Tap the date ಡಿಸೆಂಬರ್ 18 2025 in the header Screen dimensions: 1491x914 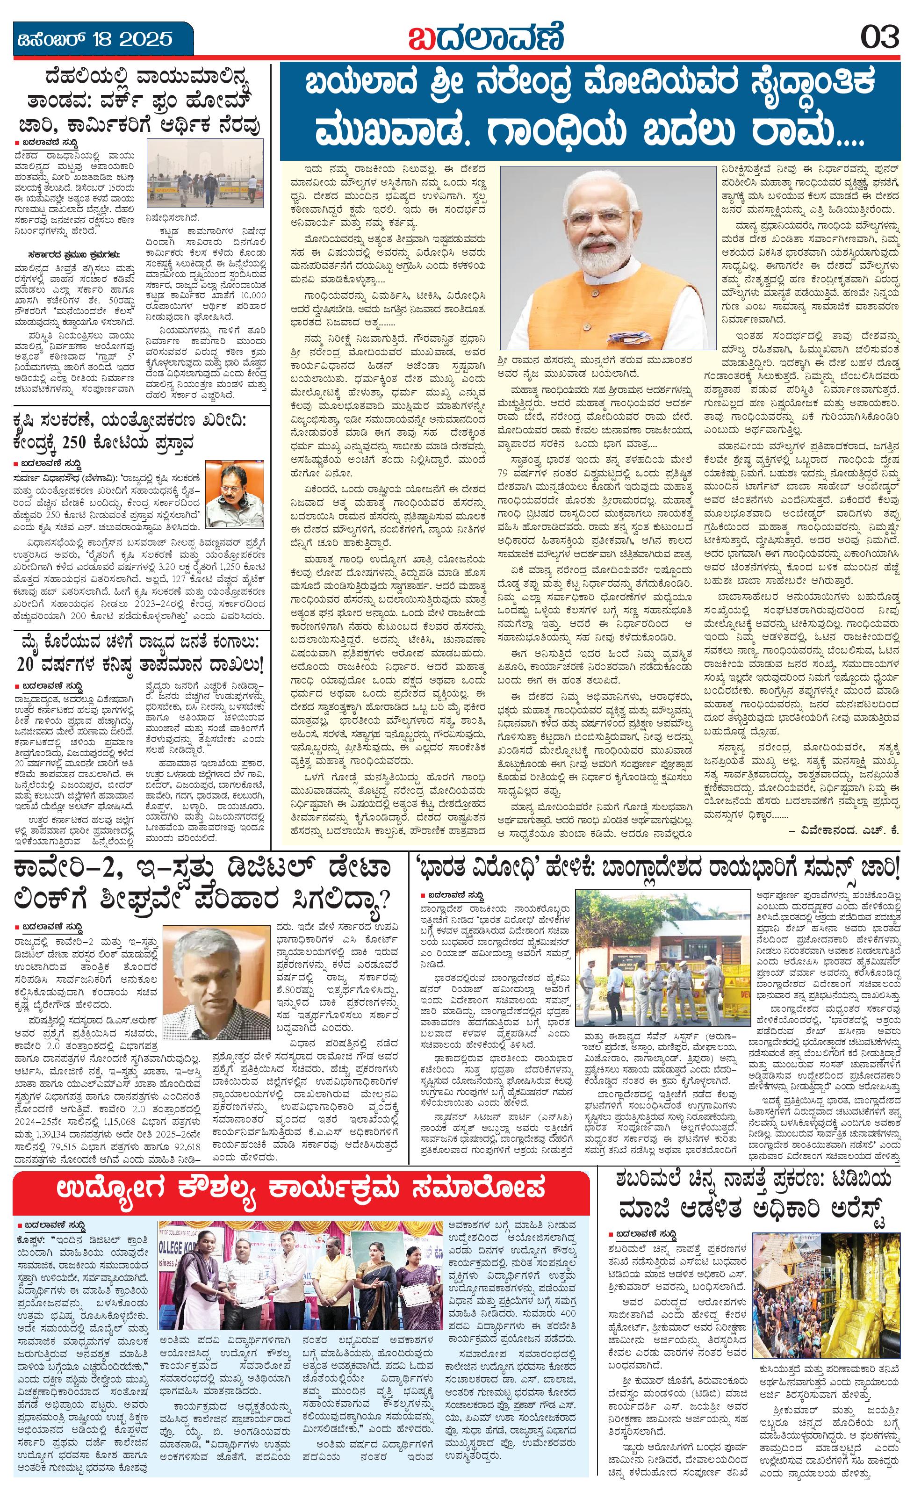tap(94, 39)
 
